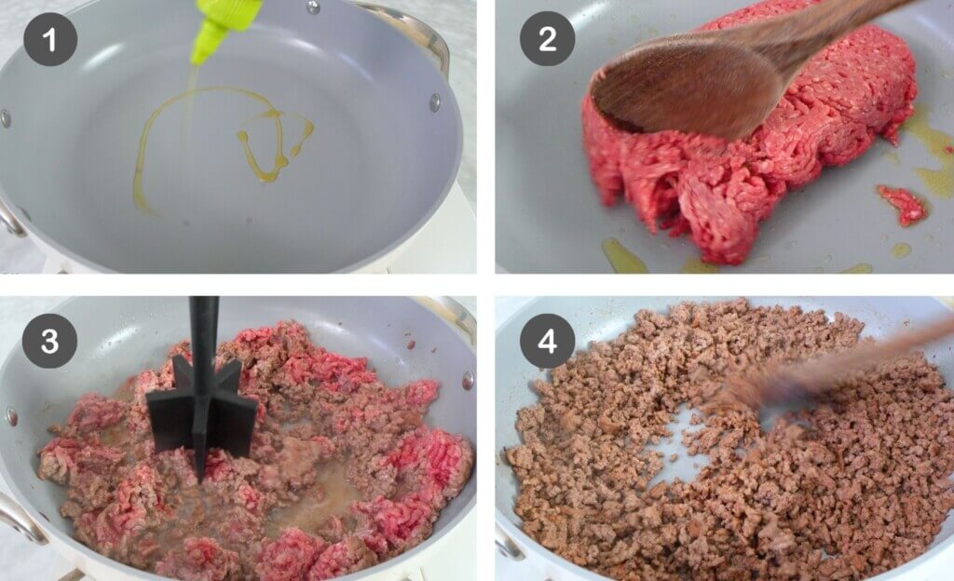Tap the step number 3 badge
[x=49, y=341]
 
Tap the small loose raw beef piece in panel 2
[x=902, y=204]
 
